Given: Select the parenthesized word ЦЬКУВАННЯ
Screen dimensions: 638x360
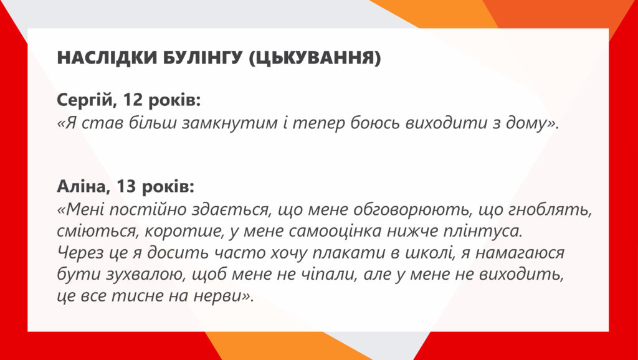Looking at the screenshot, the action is (315, 58).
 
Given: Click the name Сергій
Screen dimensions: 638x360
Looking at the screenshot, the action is (84, 100).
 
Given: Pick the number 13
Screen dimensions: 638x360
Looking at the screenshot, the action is (126, 186).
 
